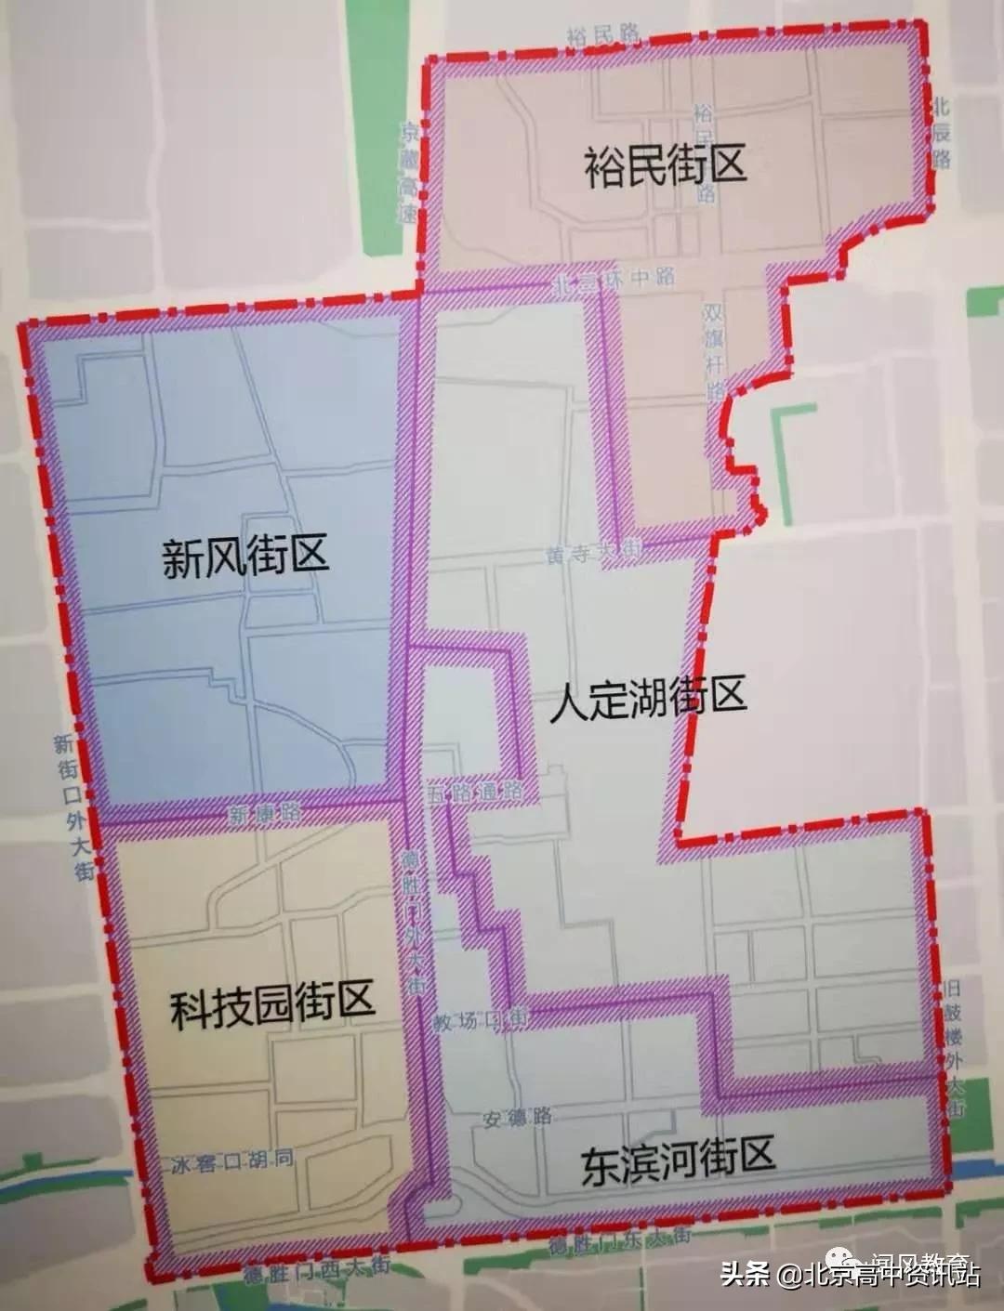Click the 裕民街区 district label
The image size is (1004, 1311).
666,167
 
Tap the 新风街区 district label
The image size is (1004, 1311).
245,559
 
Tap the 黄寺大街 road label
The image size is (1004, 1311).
594,555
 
